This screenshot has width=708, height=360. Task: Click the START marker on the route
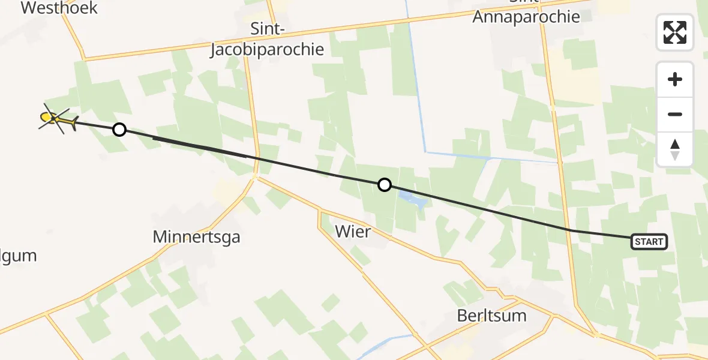coord(649,242)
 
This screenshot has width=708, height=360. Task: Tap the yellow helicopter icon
coord(56,119)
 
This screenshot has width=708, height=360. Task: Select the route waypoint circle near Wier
coord(385,185)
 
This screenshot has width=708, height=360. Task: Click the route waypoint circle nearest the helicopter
coord(119,129)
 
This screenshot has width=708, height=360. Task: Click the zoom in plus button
coord(675,79)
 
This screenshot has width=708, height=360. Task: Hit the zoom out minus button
coord(675,114)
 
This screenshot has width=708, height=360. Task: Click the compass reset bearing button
coord(675,149)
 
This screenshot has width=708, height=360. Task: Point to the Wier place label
coord(353,231)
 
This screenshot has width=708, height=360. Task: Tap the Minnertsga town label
coord(196,237)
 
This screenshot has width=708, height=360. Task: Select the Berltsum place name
coord(491,316)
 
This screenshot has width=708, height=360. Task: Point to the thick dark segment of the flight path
coord(198,147)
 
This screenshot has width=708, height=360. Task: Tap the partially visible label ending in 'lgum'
coord(18,256)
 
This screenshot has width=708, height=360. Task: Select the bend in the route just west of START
coord(573,230)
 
